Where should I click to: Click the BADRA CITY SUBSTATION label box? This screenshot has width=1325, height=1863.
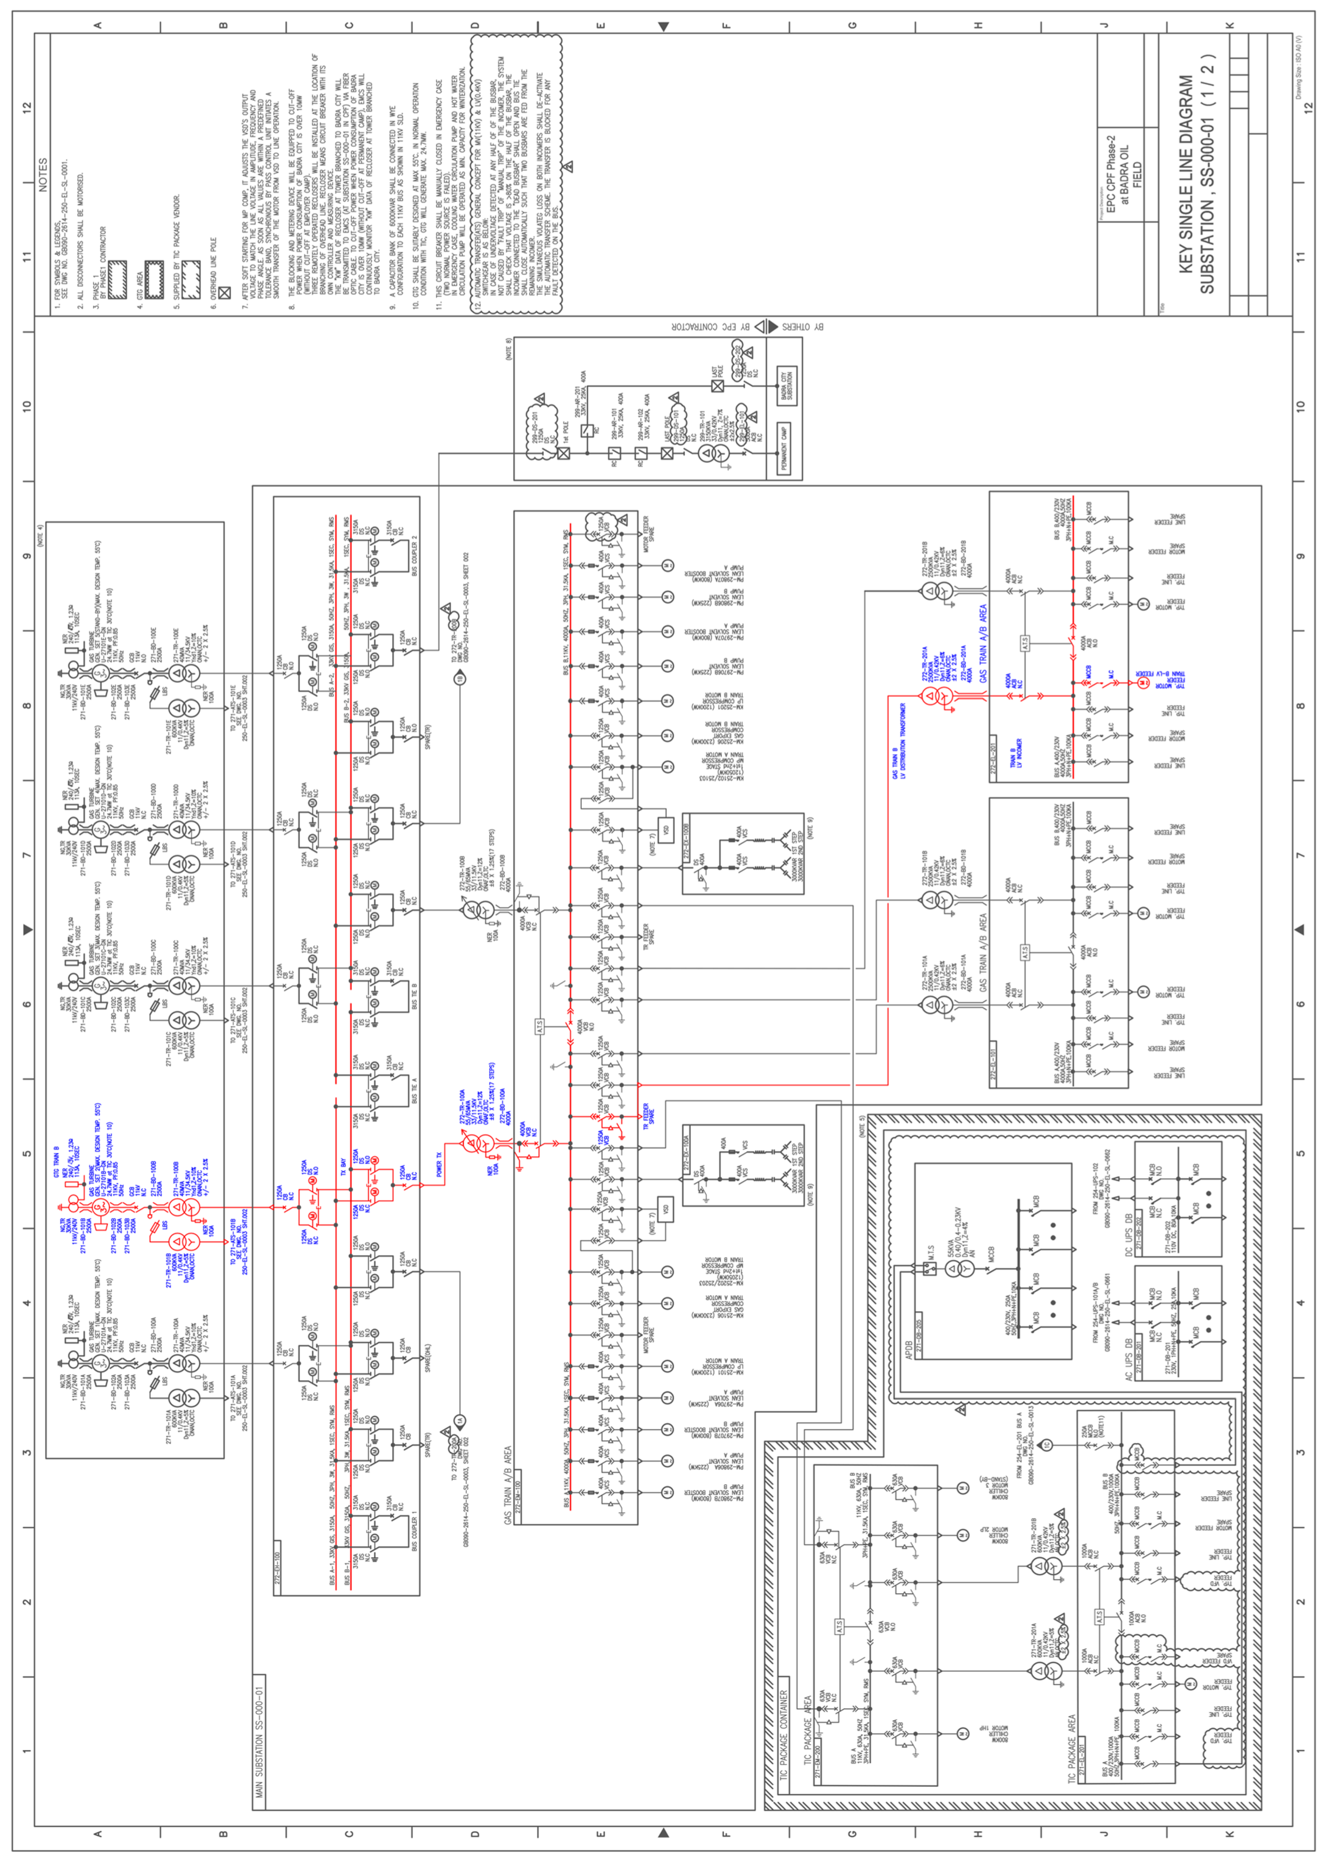pos(786,386)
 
